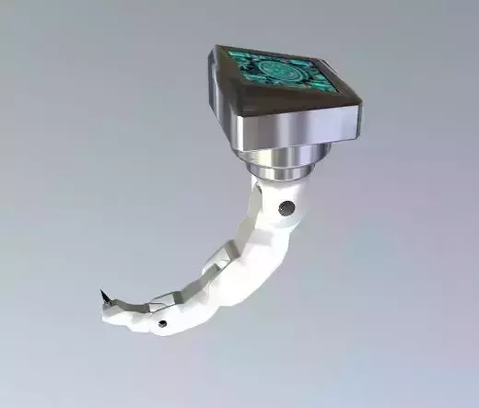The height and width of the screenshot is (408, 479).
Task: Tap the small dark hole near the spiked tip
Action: click(x=162, y=323)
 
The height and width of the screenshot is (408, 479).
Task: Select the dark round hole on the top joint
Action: click(x=287, y=207)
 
